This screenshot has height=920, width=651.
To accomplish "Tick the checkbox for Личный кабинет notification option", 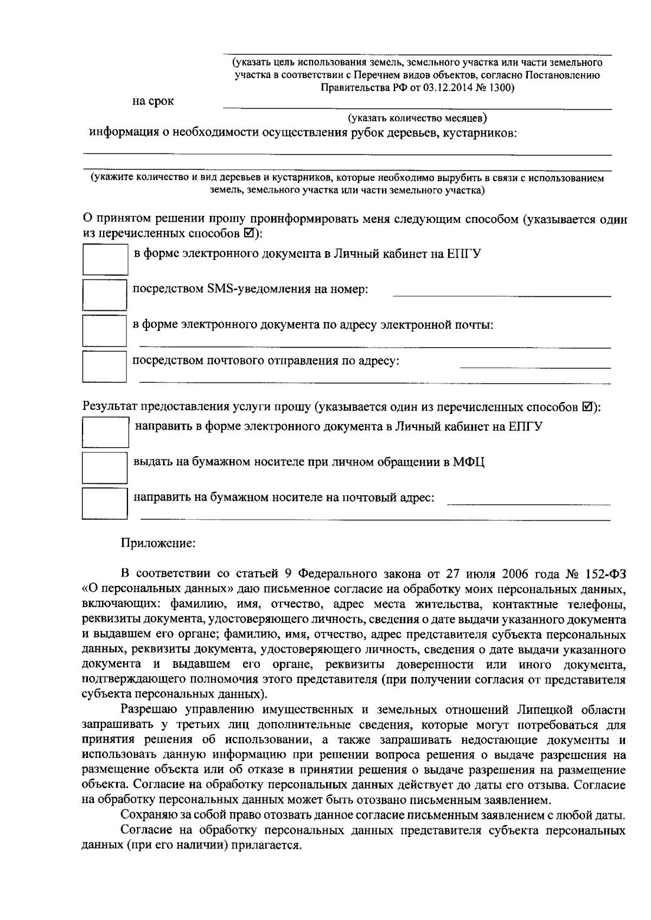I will [x=105, y=259].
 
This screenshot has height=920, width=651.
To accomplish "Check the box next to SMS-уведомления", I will [x=104, y=295].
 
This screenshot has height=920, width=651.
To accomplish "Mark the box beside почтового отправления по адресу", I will [x=104, y=367].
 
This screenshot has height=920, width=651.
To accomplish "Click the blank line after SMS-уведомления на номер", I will [x=501, y=292].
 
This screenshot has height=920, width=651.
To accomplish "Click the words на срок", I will [x=154, y=101].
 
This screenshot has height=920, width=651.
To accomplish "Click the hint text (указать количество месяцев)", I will [x=417, y=117].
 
